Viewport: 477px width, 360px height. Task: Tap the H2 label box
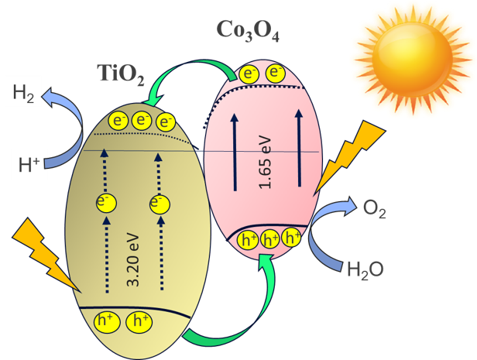(x=23, y=94)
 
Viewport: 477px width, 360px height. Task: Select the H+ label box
(x=28, y=163)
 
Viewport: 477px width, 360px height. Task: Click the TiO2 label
(x=121, y=74)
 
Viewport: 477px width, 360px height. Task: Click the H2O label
(x=365, y=269)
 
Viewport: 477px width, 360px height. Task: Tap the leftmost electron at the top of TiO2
(x=118, y=120)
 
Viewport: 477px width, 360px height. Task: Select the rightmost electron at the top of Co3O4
(x=274, y=74)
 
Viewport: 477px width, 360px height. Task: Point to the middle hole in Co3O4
(x=270, y=239)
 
